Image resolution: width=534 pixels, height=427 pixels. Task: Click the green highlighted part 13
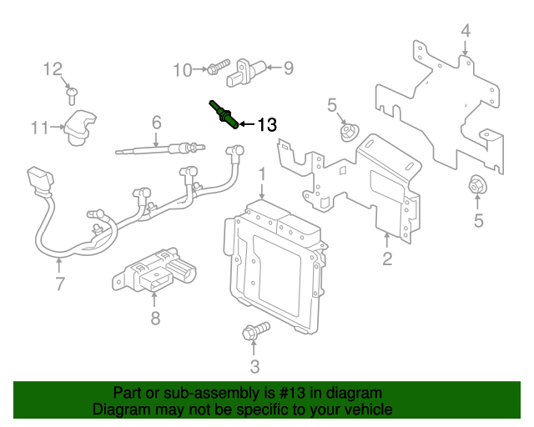tap(224, 114)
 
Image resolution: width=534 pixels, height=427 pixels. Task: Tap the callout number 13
tap(267, 124)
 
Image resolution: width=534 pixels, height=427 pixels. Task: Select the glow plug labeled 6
tap(160, 148)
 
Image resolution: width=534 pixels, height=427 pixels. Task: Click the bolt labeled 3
tap(256, 330)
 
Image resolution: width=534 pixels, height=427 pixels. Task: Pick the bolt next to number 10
tap(219, 67)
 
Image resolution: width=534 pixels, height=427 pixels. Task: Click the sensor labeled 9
tap(245, 73)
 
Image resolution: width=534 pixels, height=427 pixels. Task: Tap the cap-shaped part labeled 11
tap(80, 128)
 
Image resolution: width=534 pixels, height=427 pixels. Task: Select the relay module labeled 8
tap(154, 271)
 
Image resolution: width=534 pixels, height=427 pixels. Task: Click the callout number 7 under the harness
tap(59, 284)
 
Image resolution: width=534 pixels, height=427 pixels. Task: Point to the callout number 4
tap(466, 31)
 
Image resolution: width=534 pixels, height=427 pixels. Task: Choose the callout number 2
tap(387, 259)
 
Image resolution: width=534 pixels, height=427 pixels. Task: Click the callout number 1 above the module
tap(262, 174)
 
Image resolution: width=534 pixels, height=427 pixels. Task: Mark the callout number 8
tap(155, 319)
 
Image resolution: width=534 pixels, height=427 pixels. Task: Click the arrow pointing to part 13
tap(247, 124)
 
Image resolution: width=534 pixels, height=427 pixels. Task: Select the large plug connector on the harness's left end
tap(39, 179)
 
